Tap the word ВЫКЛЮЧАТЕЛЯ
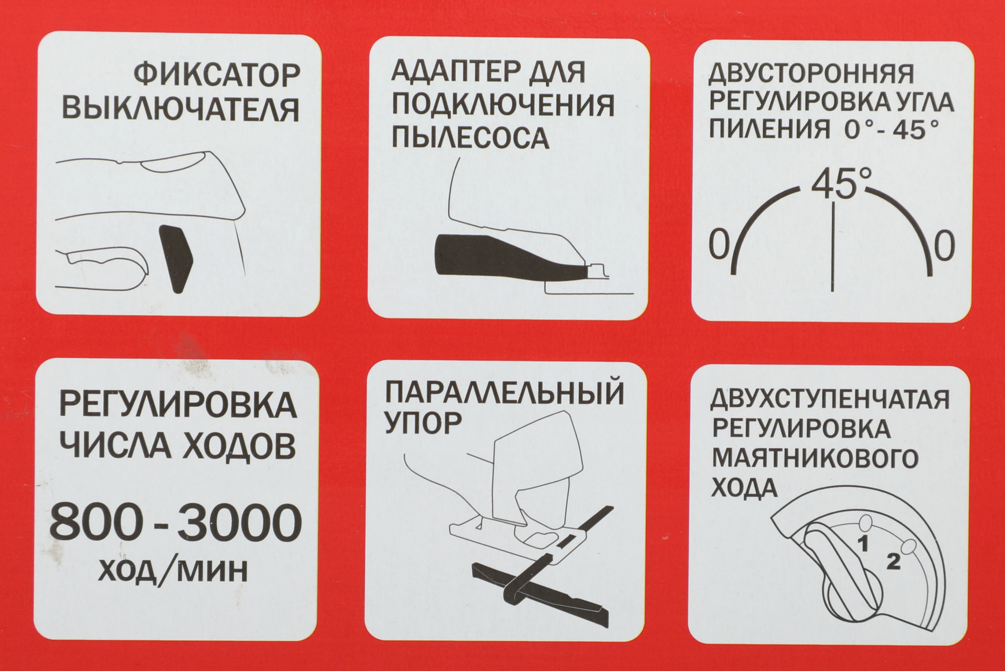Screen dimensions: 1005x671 pyautogui.click(x=183, y=109)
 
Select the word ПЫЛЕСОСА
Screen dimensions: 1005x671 pyautogui.click(x=469, y=138)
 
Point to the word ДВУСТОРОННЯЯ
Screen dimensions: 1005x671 pyautogui.click(x=811, y=75)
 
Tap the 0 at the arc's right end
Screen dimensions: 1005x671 pyautogui.click(x=944, y=246)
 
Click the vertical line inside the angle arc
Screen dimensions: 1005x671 pyautogui.click(x=833, y=246)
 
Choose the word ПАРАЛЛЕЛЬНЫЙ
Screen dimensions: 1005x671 pyautogui.click(x=505, y=394)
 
